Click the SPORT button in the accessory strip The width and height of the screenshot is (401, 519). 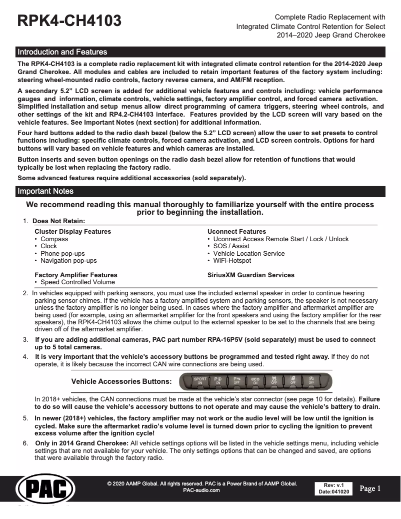click(200, 381)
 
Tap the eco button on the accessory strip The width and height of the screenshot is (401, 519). click(255, 381)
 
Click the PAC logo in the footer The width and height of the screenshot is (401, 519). click(45, 488)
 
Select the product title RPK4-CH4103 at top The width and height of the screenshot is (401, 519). click(69, 21)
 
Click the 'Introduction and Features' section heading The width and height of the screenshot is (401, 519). click(62, 52)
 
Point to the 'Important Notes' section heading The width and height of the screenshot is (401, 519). click(45, 191)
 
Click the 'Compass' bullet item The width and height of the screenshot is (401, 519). click(54, 239)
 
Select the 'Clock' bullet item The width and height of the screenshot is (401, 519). click(49, 246)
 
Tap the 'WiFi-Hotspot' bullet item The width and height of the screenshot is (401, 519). click(232, 260)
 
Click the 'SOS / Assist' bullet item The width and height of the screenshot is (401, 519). click(231, 246)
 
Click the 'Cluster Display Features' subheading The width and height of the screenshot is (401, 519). click(73, 232)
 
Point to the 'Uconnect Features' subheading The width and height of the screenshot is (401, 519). click(236, 232)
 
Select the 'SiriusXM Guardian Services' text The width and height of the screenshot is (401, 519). click(251, 275)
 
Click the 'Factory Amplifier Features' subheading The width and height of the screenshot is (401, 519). click(76, 275)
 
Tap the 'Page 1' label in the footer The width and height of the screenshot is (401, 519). click(370, 488)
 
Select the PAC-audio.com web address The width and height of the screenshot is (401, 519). click(202, 490)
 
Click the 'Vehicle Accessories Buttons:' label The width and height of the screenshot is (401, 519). click(121, 381)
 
